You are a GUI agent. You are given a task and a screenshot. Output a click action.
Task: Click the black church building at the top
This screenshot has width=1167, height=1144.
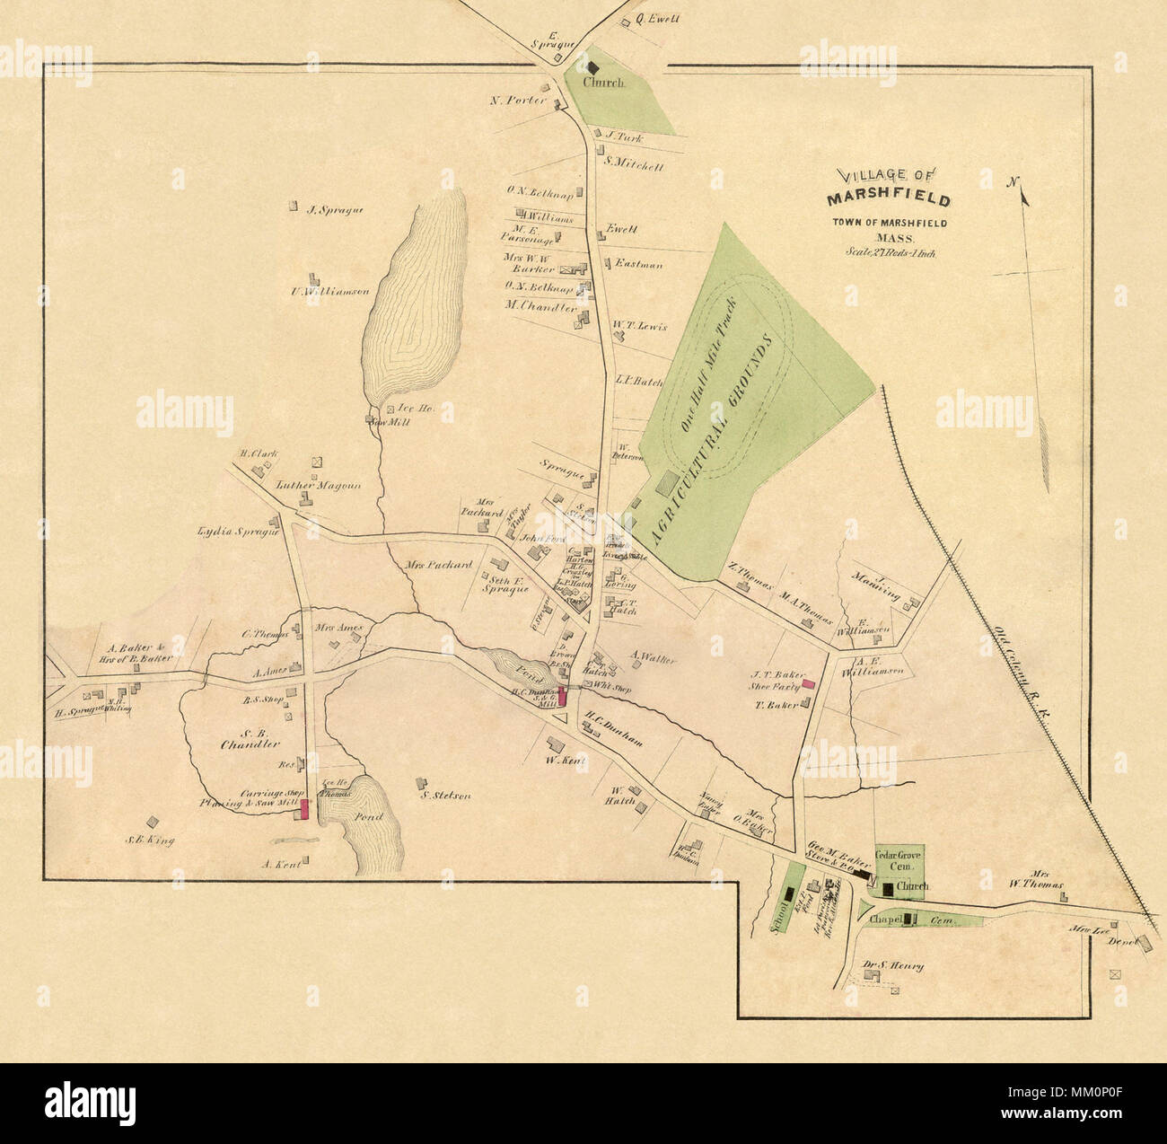(x=593, y=67)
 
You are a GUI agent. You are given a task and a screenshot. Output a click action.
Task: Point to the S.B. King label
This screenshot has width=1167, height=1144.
(x=150, y=840)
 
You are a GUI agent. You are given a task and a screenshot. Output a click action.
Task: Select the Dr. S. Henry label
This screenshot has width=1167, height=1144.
(x=892, y=966)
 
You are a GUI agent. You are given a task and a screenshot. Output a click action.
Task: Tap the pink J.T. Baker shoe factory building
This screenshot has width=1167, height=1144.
(x=808, y=684)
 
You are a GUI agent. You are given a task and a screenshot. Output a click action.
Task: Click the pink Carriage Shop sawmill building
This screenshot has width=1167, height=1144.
(x=304, y=808)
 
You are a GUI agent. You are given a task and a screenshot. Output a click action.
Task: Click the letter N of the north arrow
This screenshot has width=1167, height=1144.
(x=1013, y=183)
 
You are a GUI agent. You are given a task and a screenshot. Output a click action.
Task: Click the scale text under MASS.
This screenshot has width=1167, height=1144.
(x=891, y=252)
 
